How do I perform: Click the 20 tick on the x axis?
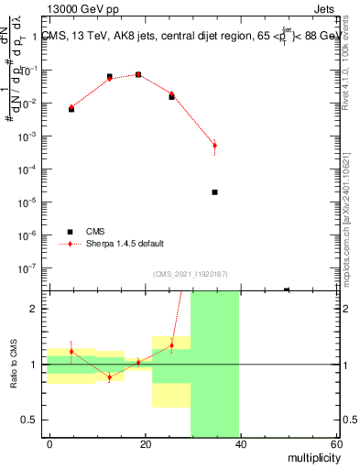(145, 444)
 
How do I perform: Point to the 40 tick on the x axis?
(240, 444)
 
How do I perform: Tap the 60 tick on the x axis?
(334, 444)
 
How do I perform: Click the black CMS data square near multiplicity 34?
(214, 192)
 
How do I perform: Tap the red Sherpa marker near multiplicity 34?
(214, 145)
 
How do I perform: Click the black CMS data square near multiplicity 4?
(71, 109)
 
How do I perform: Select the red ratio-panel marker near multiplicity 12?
(109, 377)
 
